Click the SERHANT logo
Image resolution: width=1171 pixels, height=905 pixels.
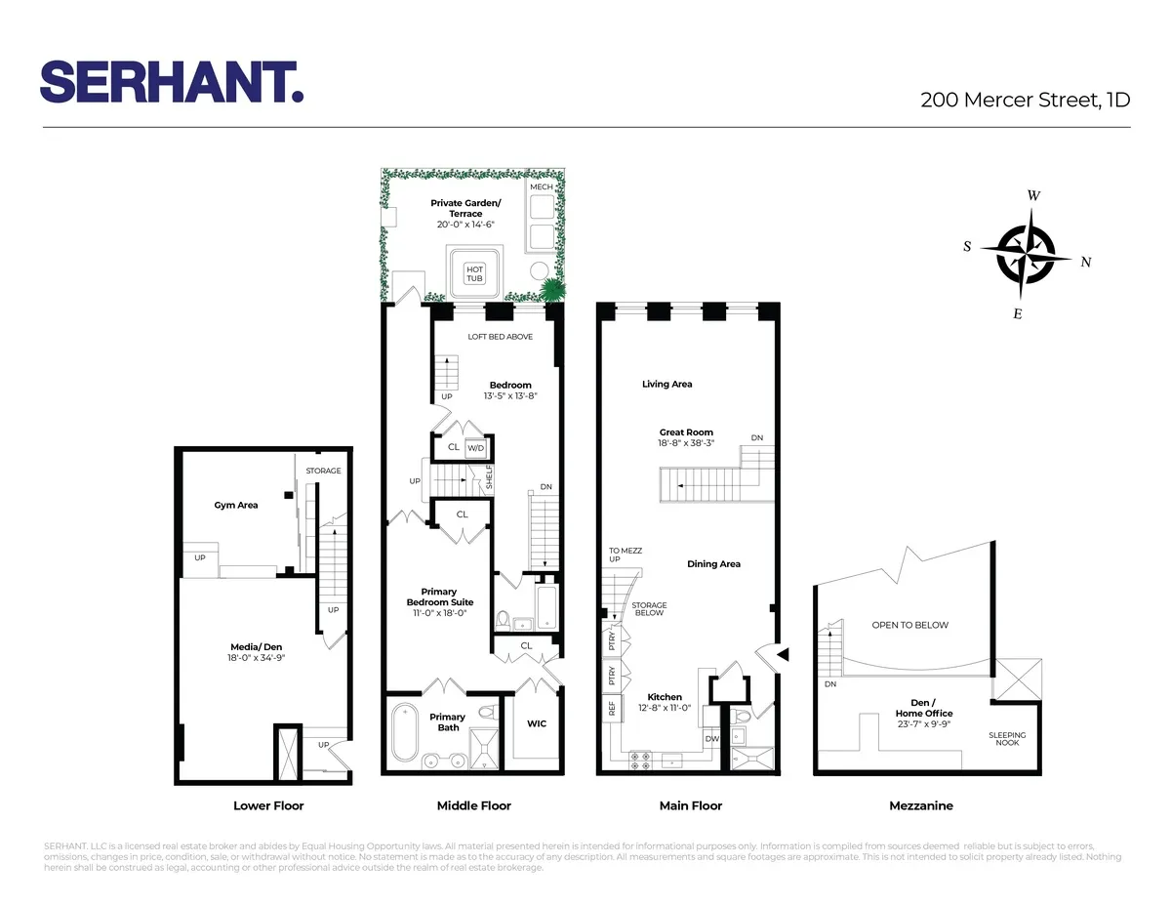173,81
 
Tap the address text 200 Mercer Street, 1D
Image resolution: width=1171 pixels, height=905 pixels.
1026,99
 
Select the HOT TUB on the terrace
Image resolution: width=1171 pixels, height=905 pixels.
474,273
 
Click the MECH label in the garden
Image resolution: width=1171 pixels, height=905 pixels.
541,186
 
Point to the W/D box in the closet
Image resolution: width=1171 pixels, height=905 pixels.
476,448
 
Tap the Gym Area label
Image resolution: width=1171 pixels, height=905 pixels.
236,506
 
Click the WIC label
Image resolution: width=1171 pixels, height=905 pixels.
537,723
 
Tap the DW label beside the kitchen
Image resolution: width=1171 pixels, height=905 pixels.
711,738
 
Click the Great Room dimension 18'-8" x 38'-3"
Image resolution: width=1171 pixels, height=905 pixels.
686,442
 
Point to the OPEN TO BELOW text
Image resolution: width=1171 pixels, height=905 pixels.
909,625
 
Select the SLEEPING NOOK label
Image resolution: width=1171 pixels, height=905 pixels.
1007,739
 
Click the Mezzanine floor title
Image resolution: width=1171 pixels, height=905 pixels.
921,806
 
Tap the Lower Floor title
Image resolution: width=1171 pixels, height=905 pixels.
268,806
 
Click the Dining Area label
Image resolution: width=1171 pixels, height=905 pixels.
713,564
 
